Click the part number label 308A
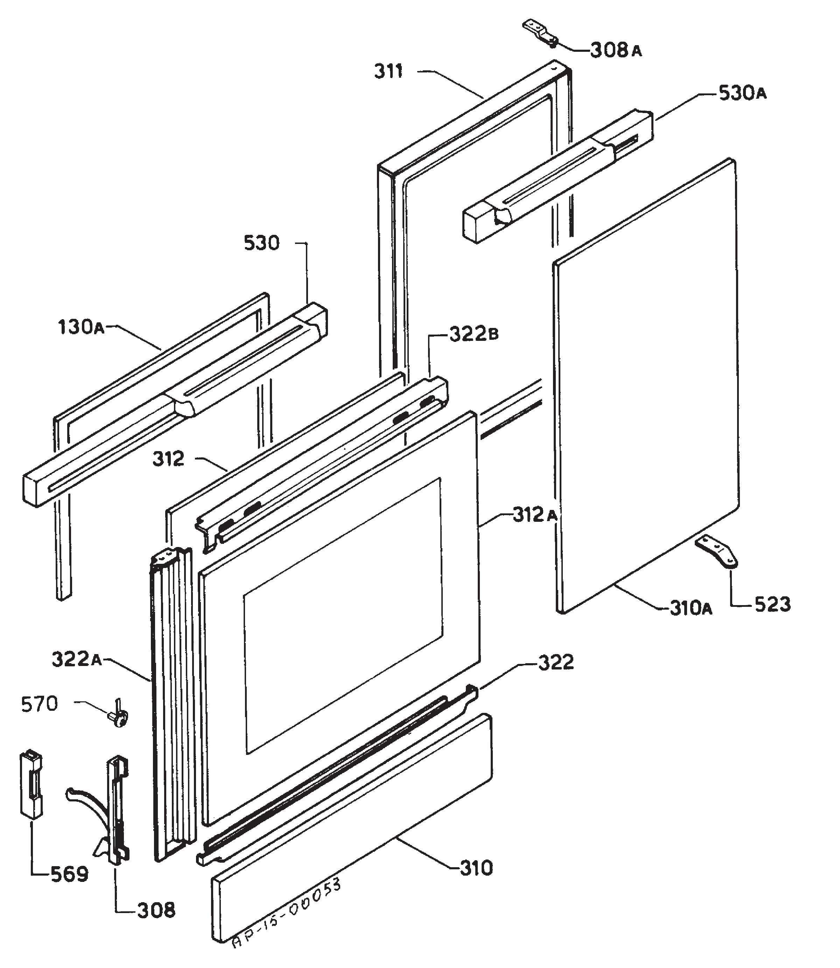[x=615, y=50]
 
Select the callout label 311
[x=388, y=72]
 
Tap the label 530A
[x=742, y=94]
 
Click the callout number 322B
[x=474, y=334]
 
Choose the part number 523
[x=772, y=604]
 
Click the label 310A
[x=691, y=609]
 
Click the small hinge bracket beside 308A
[x=540, y=33]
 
